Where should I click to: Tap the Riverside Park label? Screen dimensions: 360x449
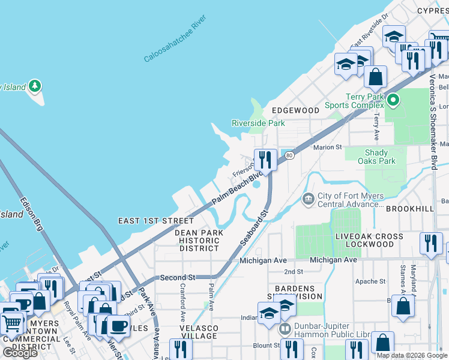[258, 123]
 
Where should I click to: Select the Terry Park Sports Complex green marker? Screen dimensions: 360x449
[393, 100]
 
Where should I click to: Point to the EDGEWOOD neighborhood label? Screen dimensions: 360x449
[295, 110]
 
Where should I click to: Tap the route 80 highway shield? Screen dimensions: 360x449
[289, 155]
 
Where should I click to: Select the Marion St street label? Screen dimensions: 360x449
[327, 146]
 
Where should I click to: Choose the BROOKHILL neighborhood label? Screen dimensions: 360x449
[409, 208]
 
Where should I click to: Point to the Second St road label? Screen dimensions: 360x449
[178, 278]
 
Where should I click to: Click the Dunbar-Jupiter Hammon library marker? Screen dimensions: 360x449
[285, 329]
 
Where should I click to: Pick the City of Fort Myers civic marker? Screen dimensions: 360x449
[308, 199]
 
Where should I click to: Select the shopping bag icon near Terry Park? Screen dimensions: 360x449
[375, 77]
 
